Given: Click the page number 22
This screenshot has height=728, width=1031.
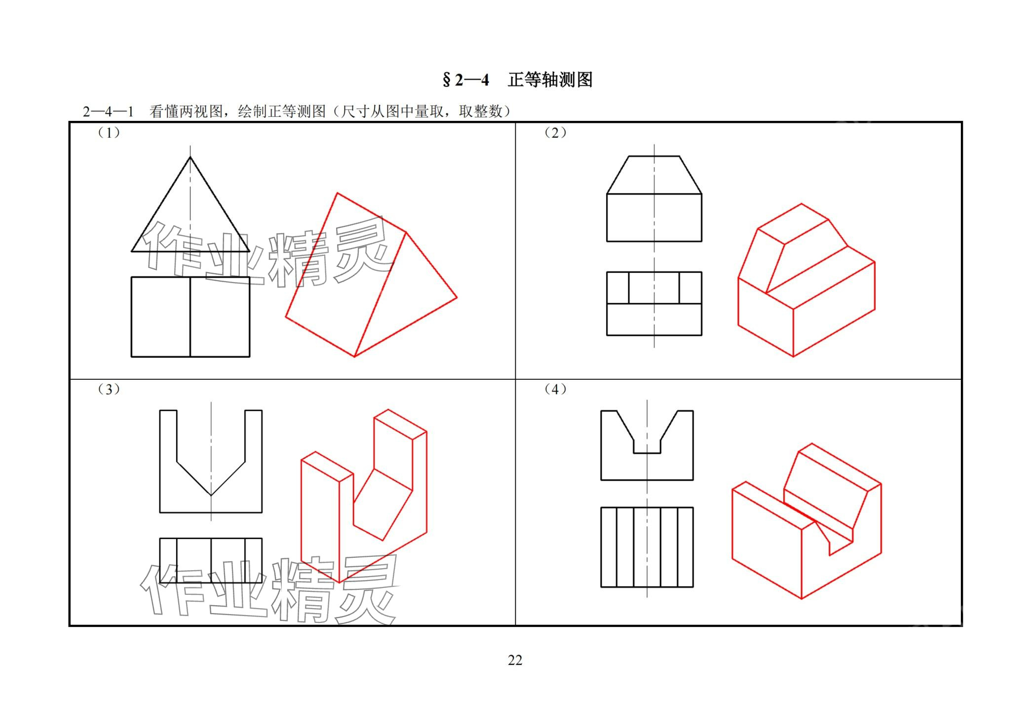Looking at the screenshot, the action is click(x=515, y=660).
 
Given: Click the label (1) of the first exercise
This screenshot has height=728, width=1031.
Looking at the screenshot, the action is click(x=109, y=132).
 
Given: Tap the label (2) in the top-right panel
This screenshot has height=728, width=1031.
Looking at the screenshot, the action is click(x=555, y=132).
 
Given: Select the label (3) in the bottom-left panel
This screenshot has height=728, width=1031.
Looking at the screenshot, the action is click(x=109, y=389).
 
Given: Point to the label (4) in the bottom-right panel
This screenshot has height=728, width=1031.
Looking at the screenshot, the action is click(x=555, y=389).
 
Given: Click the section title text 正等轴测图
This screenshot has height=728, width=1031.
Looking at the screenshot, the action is click(x=550, y=79).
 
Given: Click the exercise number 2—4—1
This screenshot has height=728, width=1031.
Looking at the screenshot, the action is click(x=109, y=111).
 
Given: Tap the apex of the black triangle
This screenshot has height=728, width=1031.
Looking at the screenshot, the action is click(x=191, y=157).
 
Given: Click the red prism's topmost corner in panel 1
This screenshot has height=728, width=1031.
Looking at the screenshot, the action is click(x=338, y=193).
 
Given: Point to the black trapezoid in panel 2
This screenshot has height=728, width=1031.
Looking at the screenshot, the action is click(x=654, y=175).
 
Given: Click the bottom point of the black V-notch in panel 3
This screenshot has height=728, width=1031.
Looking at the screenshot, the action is click(x=211, y=495).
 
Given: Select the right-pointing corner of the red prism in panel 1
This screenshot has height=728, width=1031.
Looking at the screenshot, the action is click(x=457, y=297).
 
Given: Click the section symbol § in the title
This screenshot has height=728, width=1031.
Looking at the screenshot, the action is click(x=447, y=80).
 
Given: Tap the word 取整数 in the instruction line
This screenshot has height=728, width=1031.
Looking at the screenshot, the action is click(x=481, y=111).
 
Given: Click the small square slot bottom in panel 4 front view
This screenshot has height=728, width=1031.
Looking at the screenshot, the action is click(x=647, y=453).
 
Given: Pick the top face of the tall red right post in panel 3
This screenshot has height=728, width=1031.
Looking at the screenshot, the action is click(x=400, y=424).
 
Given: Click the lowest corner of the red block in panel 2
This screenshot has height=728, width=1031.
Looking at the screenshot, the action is click(x=793, y=357).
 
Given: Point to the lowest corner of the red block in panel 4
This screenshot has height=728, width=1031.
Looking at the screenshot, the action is click(x=802, y=599).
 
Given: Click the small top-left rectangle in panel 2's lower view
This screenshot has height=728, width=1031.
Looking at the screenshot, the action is click(x=618, y=288).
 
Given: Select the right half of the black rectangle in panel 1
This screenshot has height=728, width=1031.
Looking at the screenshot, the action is click(x=220, y=317).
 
